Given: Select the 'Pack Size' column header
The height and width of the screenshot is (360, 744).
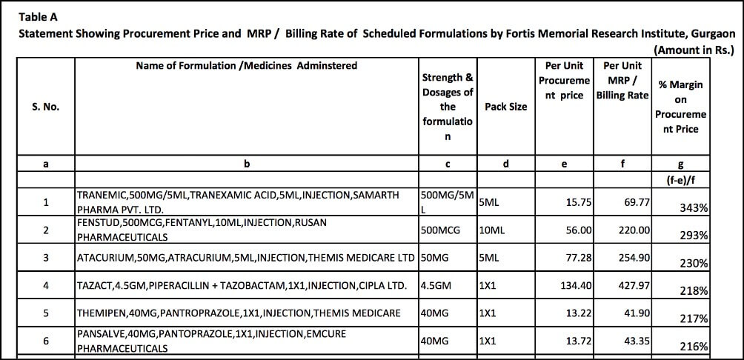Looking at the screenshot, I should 505,107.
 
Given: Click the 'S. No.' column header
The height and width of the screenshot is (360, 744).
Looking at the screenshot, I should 46,107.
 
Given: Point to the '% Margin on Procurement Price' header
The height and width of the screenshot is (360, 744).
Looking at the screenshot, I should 680,107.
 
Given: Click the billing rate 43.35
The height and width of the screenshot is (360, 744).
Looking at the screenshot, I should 637,341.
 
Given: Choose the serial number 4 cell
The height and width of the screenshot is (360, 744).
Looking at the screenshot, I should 46,285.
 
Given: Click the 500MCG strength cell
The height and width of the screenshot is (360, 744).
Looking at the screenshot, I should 440,230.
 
